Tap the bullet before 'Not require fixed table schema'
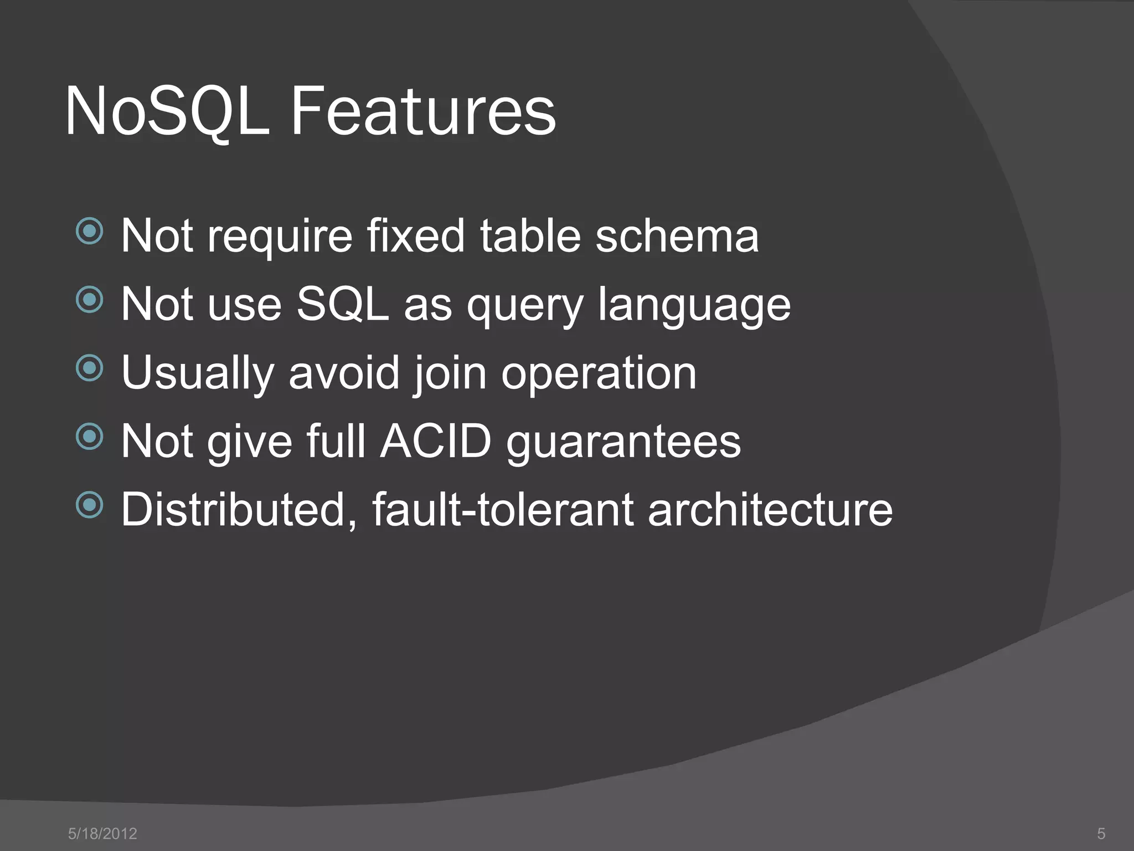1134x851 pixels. point(89,231)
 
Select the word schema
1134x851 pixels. point(677,236)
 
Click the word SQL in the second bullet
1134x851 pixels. point(343,304)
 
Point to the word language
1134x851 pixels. point(694,306)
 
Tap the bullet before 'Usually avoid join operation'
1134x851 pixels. point(89,368)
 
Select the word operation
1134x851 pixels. point(599,375)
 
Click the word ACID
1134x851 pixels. point(436,442)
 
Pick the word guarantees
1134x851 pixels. point(623,443)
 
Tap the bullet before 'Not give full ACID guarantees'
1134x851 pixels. point(89,437)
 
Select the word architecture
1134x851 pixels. point(770,510)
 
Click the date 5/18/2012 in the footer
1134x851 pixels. point(102,833)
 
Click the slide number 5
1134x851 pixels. point(1101,833)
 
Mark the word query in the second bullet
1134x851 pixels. point(524,306)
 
